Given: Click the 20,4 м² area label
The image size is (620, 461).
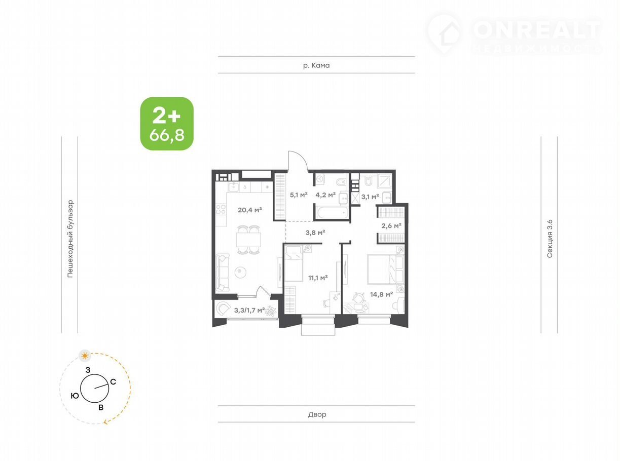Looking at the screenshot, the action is [249, 210].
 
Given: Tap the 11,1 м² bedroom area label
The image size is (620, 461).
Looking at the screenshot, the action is [318, 278].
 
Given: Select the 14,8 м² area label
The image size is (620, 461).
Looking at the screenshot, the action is [382, 294].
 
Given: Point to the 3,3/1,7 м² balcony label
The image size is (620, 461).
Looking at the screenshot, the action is [249, 310].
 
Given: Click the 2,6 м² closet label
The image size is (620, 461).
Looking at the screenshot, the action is [391, 225].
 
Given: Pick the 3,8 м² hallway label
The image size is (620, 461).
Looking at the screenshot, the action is [315, 233].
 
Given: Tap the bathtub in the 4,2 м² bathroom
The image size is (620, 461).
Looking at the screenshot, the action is [332, 213].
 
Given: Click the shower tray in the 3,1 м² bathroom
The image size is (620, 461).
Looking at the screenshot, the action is [385, 181].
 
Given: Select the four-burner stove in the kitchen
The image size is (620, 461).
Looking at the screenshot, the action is [221, 209].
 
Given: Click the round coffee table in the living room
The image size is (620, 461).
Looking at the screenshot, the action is [240, 273].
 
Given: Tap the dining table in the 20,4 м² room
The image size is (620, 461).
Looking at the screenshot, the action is [248, 240].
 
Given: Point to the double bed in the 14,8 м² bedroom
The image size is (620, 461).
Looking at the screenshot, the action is [385, 269].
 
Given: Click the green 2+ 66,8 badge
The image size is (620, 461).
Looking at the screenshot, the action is [167, 124].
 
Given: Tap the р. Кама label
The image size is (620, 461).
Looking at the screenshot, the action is [316, 65].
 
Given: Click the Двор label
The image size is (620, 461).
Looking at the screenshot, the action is [317, 414].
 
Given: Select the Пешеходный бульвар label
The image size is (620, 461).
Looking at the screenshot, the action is [70, 239].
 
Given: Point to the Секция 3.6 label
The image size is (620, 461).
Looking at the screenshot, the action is [550, 239].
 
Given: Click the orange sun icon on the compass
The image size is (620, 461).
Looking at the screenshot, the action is [85, 356].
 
